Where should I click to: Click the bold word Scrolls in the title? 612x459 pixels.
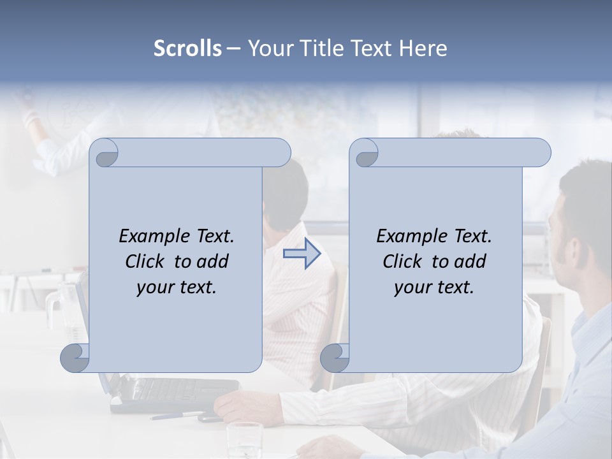coord(187,48)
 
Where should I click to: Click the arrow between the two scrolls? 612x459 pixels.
coord(302,254)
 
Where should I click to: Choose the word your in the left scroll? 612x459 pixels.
coord(155,288)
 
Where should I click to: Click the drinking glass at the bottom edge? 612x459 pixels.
coord(244,440)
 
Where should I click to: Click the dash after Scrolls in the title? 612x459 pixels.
coord(234,48)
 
